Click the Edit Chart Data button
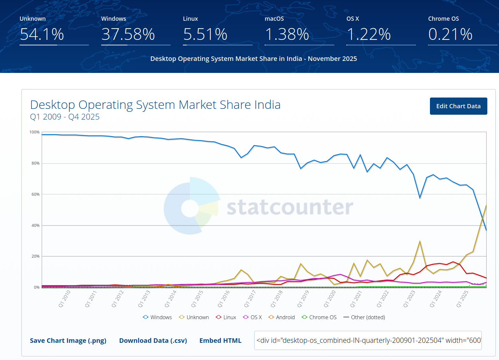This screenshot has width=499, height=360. [x=458, y=106]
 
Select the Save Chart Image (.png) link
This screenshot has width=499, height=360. [x=68, y=341]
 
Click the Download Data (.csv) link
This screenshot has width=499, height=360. [x=153, y=341]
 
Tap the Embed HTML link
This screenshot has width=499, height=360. [x=220, y=341]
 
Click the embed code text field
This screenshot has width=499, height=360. [x=368, y=340]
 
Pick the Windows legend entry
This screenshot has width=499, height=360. [x=158, y=317]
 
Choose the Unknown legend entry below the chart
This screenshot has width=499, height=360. [x=194, y=317]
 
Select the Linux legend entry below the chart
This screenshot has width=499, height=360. [x=226, y=317]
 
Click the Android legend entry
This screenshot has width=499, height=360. [x=282, y=317]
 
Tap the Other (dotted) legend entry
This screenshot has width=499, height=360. [x=364, y=317]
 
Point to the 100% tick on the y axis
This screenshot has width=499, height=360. [x=34, y=132]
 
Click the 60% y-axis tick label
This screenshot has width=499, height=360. [x=35, y=194]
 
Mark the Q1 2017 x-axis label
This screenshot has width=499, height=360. [x=250, y=299]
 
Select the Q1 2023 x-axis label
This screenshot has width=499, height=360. [x=409, y=299]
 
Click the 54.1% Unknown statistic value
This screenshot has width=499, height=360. [x=42, y=34]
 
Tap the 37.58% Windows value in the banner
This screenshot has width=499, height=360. [x=128, y=34]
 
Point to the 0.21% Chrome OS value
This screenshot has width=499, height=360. [x=450, y=34]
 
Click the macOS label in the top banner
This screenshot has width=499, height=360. [x=274, y=19]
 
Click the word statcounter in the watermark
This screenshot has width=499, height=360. [x=290, y=207]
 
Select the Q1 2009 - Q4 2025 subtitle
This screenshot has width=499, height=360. [x=65, y=117]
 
